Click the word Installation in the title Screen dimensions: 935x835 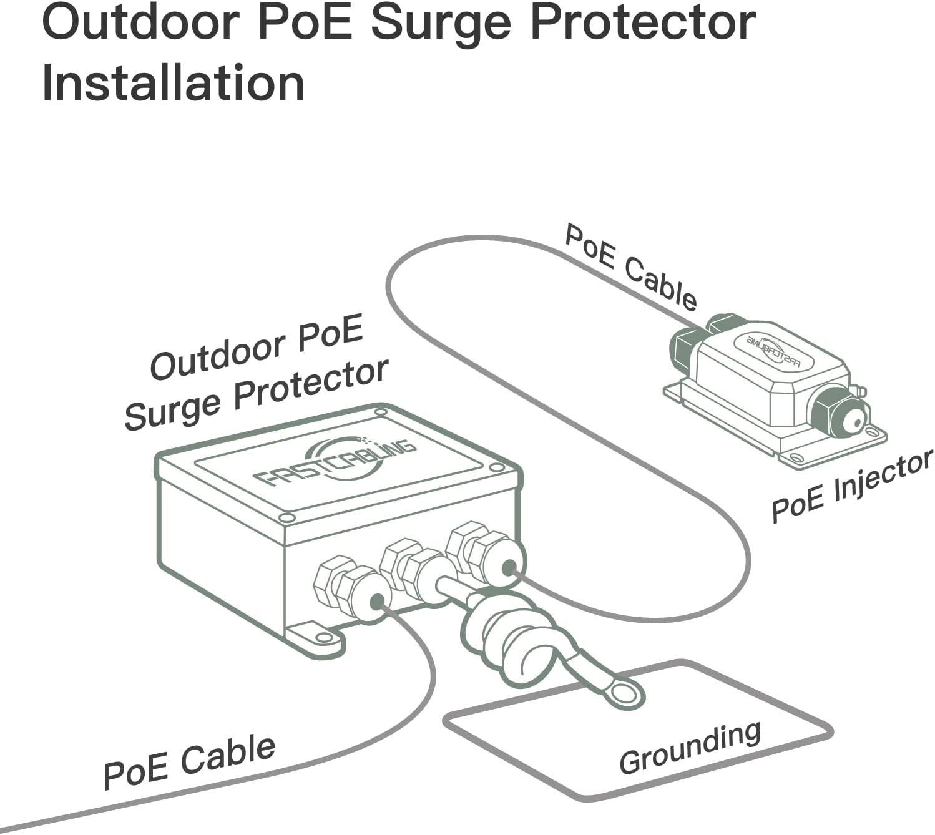(x=173, y=84)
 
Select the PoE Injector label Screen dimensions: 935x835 (x=851, y=486)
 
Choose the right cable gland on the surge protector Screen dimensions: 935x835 (x=487, y=552)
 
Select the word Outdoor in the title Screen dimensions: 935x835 (x=140, y=24)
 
